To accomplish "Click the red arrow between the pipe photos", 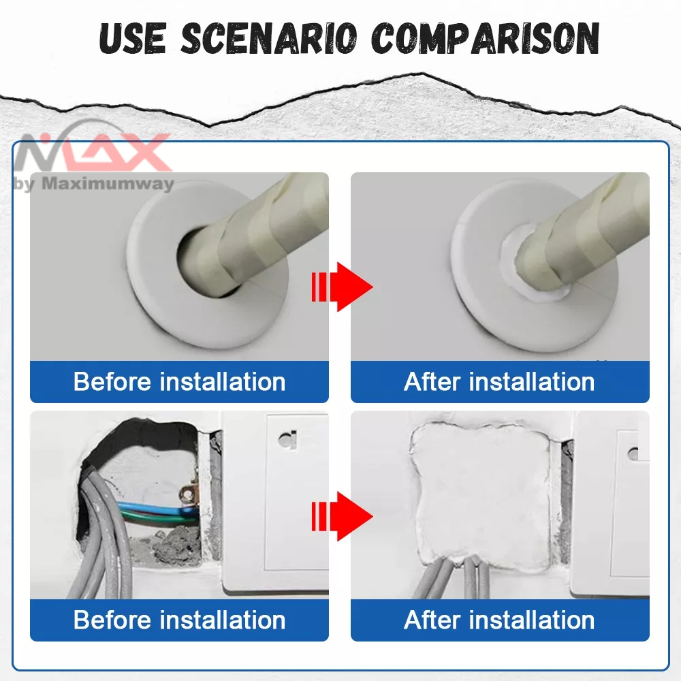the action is point(342,287).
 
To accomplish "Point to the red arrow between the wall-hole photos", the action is point(342,516).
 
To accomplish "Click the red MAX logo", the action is point(93,151).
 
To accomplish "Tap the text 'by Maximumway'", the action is point(94,184).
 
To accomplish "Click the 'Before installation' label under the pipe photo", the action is point(179,382).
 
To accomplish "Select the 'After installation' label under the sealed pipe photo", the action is point(499,382).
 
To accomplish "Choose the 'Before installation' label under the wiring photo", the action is point(179,620).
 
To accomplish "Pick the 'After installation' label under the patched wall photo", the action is point(499,620).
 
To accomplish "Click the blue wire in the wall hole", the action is point(157,508).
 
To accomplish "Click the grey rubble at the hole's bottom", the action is point(168,545).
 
